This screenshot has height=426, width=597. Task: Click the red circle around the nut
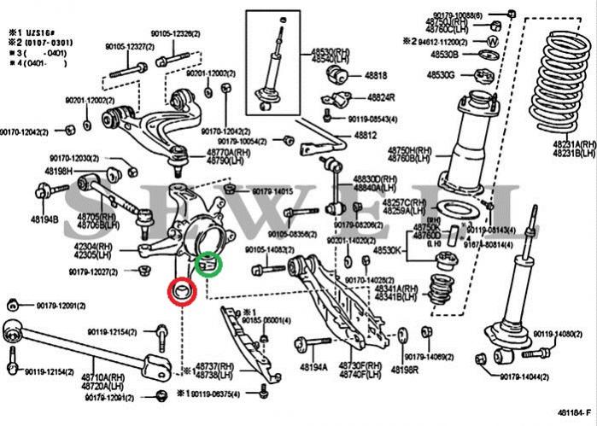point(181,292)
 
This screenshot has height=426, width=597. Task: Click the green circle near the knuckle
point(208,266)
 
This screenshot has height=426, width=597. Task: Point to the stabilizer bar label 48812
point(366,135)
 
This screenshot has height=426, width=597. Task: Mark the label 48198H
point(58,171)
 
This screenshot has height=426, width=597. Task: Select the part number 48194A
point(313,368)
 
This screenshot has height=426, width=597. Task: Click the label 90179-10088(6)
point(457,15)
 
